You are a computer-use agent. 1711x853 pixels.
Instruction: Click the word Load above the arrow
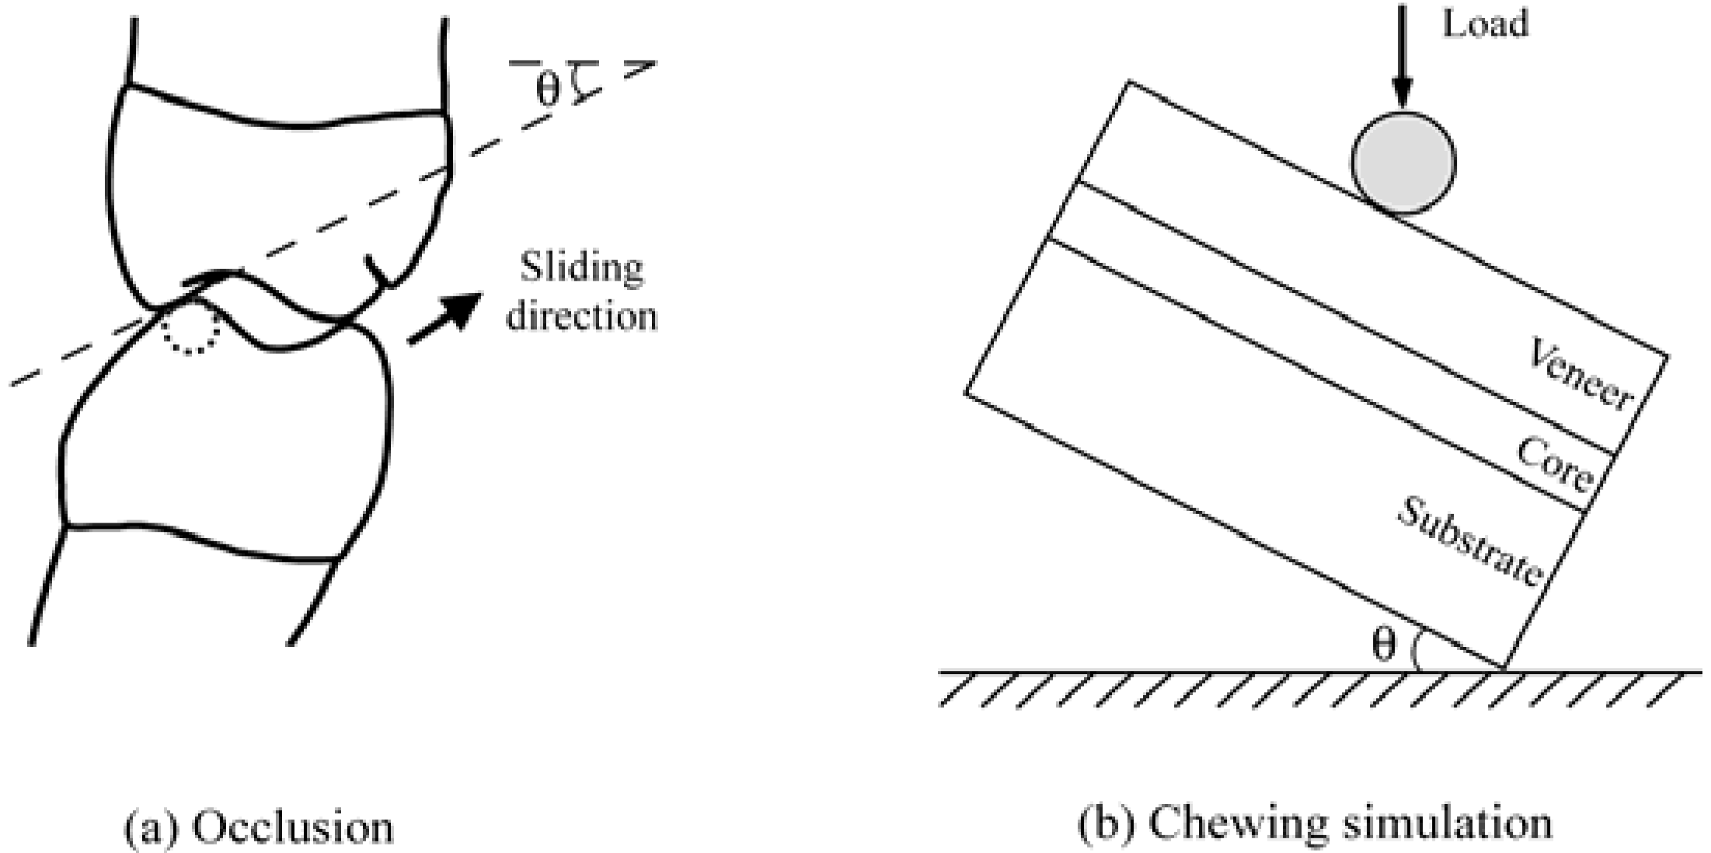point(1485,23)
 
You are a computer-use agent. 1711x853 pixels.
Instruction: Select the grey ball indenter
point(1403,163)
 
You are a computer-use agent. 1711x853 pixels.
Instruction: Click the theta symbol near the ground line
point(1384,645)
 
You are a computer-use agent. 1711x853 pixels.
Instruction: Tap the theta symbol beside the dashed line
point(547,89)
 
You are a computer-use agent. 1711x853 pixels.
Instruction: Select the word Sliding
point(581,267)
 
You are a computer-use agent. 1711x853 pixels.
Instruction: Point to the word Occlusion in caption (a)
point(293,827)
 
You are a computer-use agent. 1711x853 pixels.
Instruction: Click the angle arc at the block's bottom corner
point(1417,652)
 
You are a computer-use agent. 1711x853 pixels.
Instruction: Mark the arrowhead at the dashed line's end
point(642,69)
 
